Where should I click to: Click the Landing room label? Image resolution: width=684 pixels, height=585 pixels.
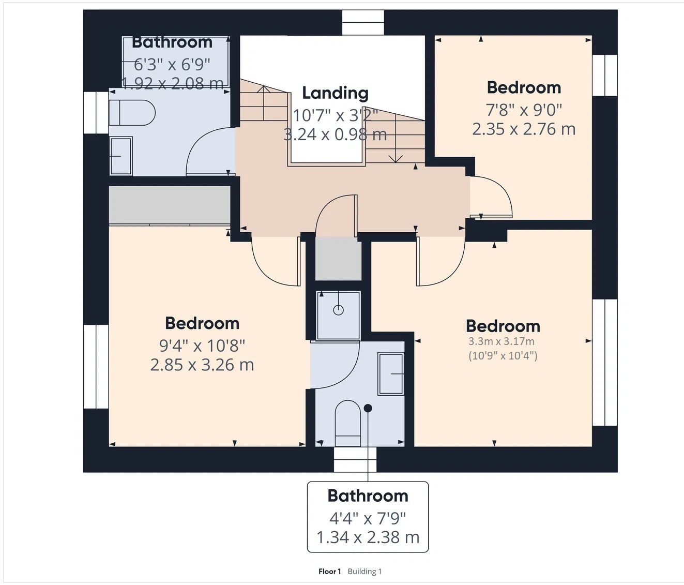coord(335,93)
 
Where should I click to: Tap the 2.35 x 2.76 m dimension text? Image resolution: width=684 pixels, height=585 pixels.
coord(524,129)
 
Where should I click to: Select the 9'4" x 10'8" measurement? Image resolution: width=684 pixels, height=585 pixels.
coord(202,346)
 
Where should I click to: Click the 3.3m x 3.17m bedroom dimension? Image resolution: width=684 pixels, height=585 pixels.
coord(501,341)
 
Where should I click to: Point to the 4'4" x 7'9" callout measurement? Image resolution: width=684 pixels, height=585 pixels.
coord(367,518)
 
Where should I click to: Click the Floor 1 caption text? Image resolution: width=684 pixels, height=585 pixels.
coord(329,572)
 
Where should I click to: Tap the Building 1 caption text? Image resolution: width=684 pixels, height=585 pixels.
coord(364,572)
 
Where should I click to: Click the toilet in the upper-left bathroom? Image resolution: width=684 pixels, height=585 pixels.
coord(132,113)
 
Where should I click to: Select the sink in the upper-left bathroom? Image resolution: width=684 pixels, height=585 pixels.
coord(121,156)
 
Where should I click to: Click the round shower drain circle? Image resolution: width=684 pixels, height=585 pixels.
coord(338,310)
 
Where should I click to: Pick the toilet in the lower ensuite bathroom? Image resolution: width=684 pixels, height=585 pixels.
coord(348,424)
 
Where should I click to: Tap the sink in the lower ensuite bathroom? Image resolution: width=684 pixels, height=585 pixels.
coord(391,374)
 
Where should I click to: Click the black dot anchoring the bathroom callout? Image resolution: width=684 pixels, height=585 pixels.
coord(368,408)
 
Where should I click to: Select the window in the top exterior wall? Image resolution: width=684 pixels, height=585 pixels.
coord(363,23)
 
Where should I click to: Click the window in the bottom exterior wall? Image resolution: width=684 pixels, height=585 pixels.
coord(355,459)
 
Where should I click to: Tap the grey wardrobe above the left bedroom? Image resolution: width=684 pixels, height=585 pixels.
coord(170,205)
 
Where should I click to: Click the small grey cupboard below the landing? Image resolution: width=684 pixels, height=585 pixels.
coord(338,259)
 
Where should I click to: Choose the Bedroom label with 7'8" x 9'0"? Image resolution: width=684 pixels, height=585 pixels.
coord(524,88)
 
